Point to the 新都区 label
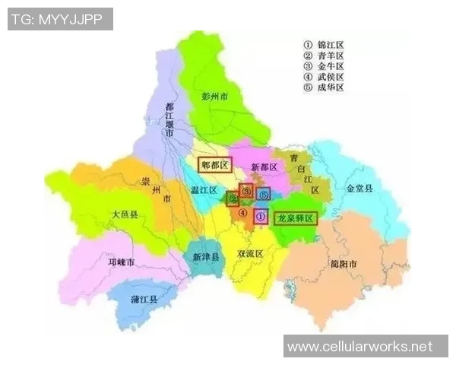[264, 167]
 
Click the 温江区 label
[204, 190]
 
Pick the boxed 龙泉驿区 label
[296, 217]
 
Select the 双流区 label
[250, 253]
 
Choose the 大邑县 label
[124, 215]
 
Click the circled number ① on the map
[259, 216]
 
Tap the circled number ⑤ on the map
[263, 195]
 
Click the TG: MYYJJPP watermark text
[60, 19]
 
